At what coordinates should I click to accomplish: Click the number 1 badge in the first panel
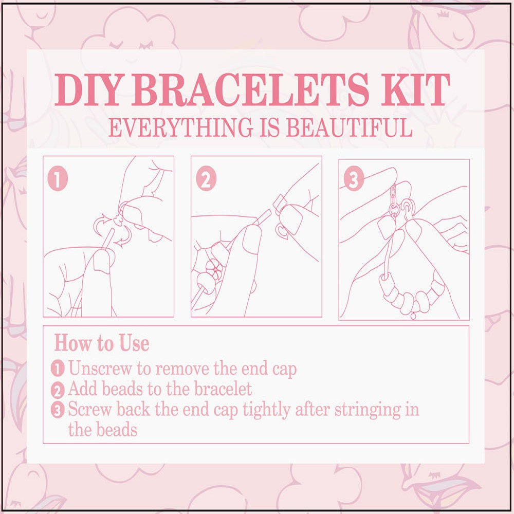[58, 179]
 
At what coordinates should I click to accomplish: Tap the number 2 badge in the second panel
[206, 179]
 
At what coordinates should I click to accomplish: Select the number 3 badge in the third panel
[354, 179]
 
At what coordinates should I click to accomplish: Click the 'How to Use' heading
[102, 343]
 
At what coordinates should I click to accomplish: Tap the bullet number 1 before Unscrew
[59, 369]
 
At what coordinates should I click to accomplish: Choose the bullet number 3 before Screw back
[59, 410]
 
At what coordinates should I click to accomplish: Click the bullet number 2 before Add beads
[59, 390]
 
